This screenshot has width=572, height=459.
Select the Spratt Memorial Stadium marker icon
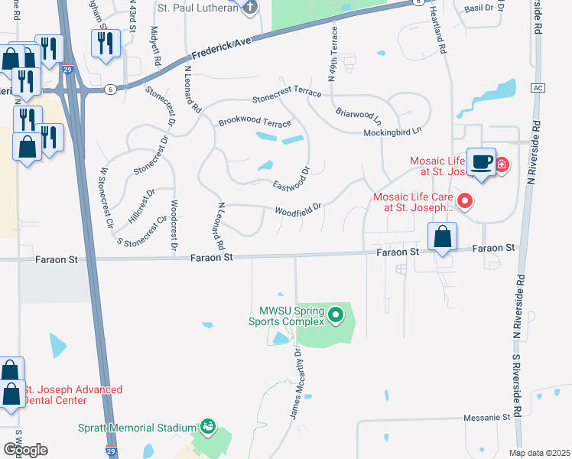point(206,426)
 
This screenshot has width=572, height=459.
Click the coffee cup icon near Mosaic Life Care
point(481,162)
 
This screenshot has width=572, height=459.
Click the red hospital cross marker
point(502,164)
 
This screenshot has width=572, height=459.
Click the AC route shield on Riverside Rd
point(538,87)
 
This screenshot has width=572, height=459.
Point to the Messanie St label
point(486,418)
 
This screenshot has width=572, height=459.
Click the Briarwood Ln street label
point(358,114)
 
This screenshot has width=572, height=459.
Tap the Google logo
point(25,450)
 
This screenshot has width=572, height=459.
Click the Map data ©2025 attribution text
point(539,453)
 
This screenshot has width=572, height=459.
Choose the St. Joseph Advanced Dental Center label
point(73,395)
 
